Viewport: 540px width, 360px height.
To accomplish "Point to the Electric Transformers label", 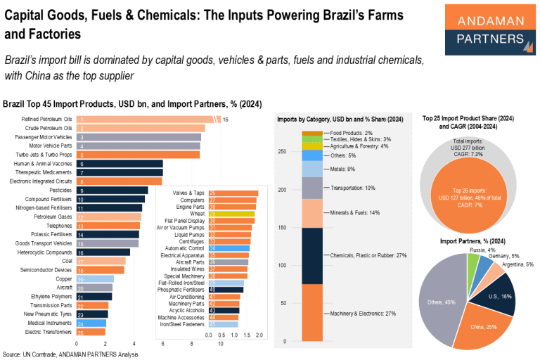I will pos(48,331).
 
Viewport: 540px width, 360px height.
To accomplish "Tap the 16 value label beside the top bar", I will pos(226,120).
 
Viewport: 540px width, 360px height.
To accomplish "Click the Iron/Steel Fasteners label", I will pos(181,325).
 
